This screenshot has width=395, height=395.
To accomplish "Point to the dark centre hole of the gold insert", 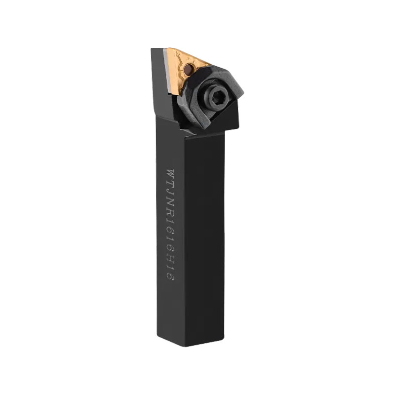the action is [x=188, y=68].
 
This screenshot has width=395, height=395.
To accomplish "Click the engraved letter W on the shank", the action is [x=170, y=173].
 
